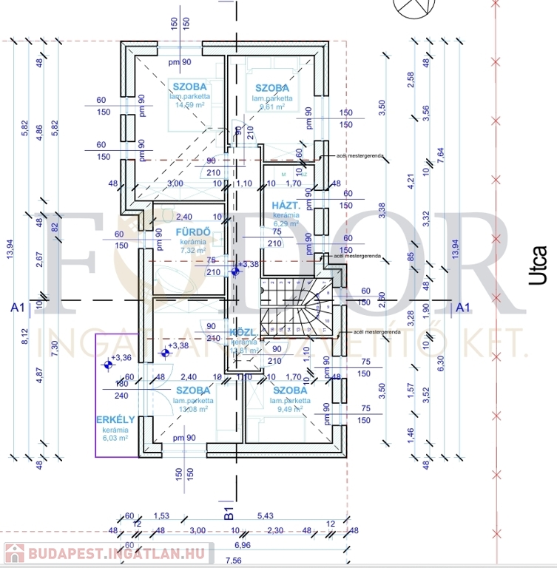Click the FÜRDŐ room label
click(194, 231)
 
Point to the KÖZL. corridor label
click(243, 332)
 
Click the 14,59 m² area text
click(189, 105)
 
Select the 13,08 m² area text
click(192, 408)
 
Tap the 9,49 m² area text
click(291, 408)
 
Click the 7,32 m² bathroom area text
click(194, 251)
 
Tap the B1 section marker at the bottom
click(229, 510)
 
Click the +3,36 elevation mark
click(121, 357)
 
